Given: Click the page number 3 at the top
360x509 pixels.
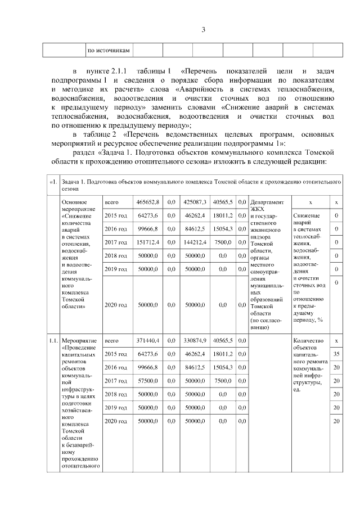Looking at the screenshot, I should tap(204, 30).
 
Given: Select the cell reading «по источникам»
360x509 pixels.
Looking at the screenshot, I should tap(109, 51).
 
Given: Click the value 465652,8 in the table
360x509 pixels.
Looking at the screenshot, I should tap(148, 202).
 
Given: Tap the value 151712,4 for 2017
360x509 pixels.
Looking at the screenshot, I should tap(148, 242).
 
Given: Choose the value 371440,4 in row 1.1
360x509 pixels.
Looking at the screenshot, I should tap(148, 340).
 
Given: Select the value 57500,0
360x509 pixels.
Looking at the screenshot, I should tap(149, 381).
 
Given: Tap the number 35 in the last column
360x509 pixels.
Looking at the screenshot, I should tap(336, 354).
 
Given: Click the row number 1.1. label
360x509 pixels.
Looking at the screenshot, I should tap(53, 341).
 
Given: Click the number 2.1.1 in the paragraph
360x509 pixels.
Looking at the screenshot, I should tap(120, 72).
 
